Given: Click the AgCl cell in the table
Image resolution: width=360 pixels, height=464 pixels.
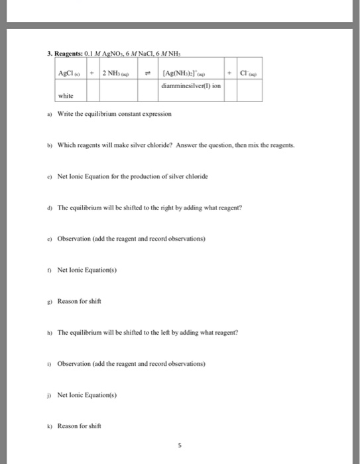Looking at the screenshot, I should point(68,72).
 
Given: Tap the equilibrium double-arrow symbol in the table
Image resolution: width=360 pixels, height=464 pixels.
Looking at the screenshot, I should point(147,72).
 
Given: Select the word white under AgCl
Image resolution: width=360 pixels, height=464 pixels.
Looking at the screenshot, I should point(66,95).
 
